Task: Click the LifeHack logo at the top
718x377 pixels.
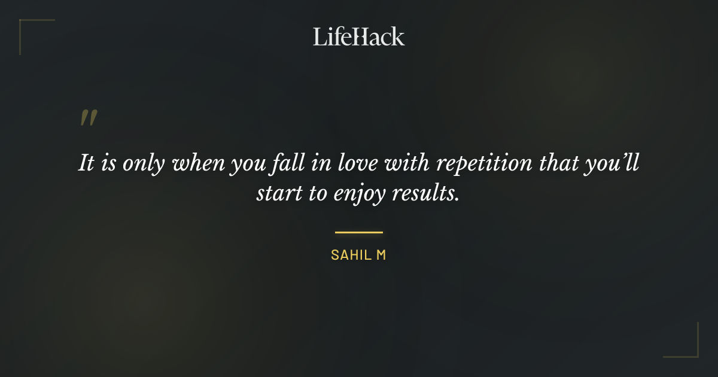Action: pyautogui.click(x=358, y=37)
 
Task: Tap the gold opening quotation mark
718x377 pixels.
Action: pyautogui.click(x=88, y=118)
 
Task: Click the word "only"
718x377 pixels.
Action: pyautogui.click(x=144, y=163)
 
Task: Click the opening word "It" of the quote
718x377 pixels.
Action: pyautogui.click(x=86, y=163)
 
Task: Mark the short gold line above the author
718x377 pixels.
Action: pyautogui.click(x=358, y=232)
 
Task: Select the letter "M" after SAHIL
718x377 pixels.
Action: pyautogui.click(x=381, y=255)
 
